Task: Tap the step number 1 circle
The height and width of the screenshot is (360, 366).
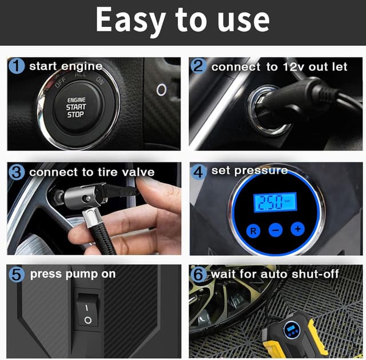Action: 17,66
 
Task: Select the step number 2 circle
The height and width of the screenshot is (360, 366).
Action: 198,66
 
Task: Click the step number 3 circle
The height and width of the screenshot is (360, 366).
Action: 17,172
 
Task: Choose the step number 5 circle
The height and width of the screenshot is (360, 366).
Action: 17,274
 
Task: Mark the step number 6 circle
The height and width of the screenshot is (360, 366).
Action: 199,275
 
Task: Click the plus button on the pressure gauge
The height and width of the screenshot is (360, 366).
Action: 297,229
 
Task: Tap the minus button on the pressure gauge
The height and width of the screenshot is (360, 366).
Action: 276,230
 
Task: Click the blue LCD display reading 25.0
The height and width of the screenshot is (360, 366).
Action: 274,203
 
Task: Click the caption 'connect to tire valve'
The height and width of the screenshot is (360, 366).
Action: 91,172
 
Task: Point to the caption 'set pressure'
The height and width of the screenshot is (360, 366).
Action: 249,171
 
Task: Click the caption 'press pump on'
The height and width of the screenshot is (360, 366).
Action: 73,274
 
